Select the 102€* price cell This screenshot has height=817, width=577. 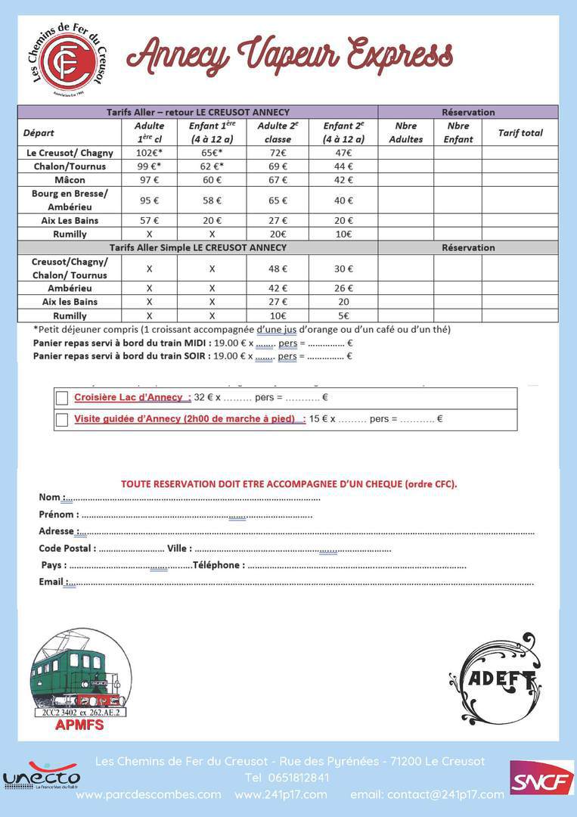click(x=149, y=153)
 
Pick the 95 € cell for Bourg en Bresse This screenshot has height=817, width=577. click(x=149, y=200)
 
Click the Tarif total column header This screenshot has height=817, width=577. click(x=520, y=133)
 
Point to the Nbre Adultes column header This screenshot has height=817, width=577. click(x=405, y=132)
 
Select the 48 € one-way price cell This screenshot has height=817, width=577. click(x=278, y=269)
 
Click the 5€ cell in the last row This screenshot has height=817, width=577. click(x=343, y=315)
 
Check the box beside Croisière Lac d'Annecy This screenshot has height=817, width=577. click(x=62, y=398)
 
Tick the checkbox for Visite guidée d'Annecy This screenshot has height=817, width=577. click(x=62, y=419)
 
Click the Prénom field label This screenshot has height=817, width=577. click(x=58, y=514)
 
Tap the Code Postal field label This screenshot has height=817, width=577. click(x=67, y=548)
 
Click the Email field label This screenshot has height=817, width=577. click(x=51, y=582)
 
